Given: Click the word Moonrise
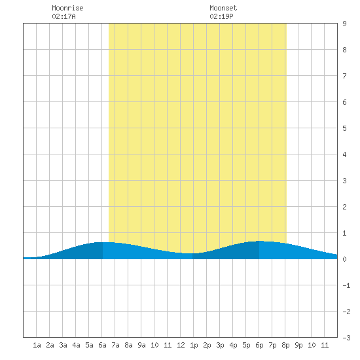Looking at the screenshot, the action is [67, 8].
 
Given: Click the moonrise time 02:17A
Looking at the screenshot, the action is [63, 16].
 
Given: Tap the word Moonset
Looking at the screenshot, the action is [223, 8].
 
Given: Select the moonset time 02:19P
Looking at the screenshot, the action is [221, 16].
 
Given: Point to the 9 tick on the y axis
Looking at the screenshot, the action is [344, 24].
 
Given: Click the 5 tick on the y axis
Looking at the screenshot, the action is [344, 128].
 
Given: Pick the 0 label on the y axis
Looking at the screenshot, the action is [344, 259].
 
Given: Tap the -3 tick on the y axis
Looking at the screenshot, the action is [346, 338].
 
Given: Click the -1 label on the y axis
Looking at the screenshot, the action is [346, 285].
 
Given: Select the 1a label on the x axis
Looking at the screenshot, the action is [37, 345].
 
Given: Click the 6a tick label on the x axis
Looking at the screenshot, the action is [102, 345].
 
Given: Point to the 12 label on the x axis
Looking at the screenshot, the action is [181, 345].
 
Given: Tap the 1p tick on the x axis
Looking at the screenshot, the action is [194, 345].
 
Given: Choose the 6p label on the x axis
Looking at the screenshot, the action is [259, 345].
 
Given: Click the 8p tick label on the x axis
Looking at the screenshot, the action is [285, 345].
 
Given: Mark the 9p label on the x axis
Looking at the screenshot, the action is [298, 345].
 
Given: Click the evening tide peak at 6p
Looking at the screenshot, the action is [259, 241].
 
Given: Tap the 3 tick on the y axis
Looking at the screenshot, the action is [344, 181].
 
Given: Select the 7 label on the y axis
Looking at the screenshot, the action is [344, 76].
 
